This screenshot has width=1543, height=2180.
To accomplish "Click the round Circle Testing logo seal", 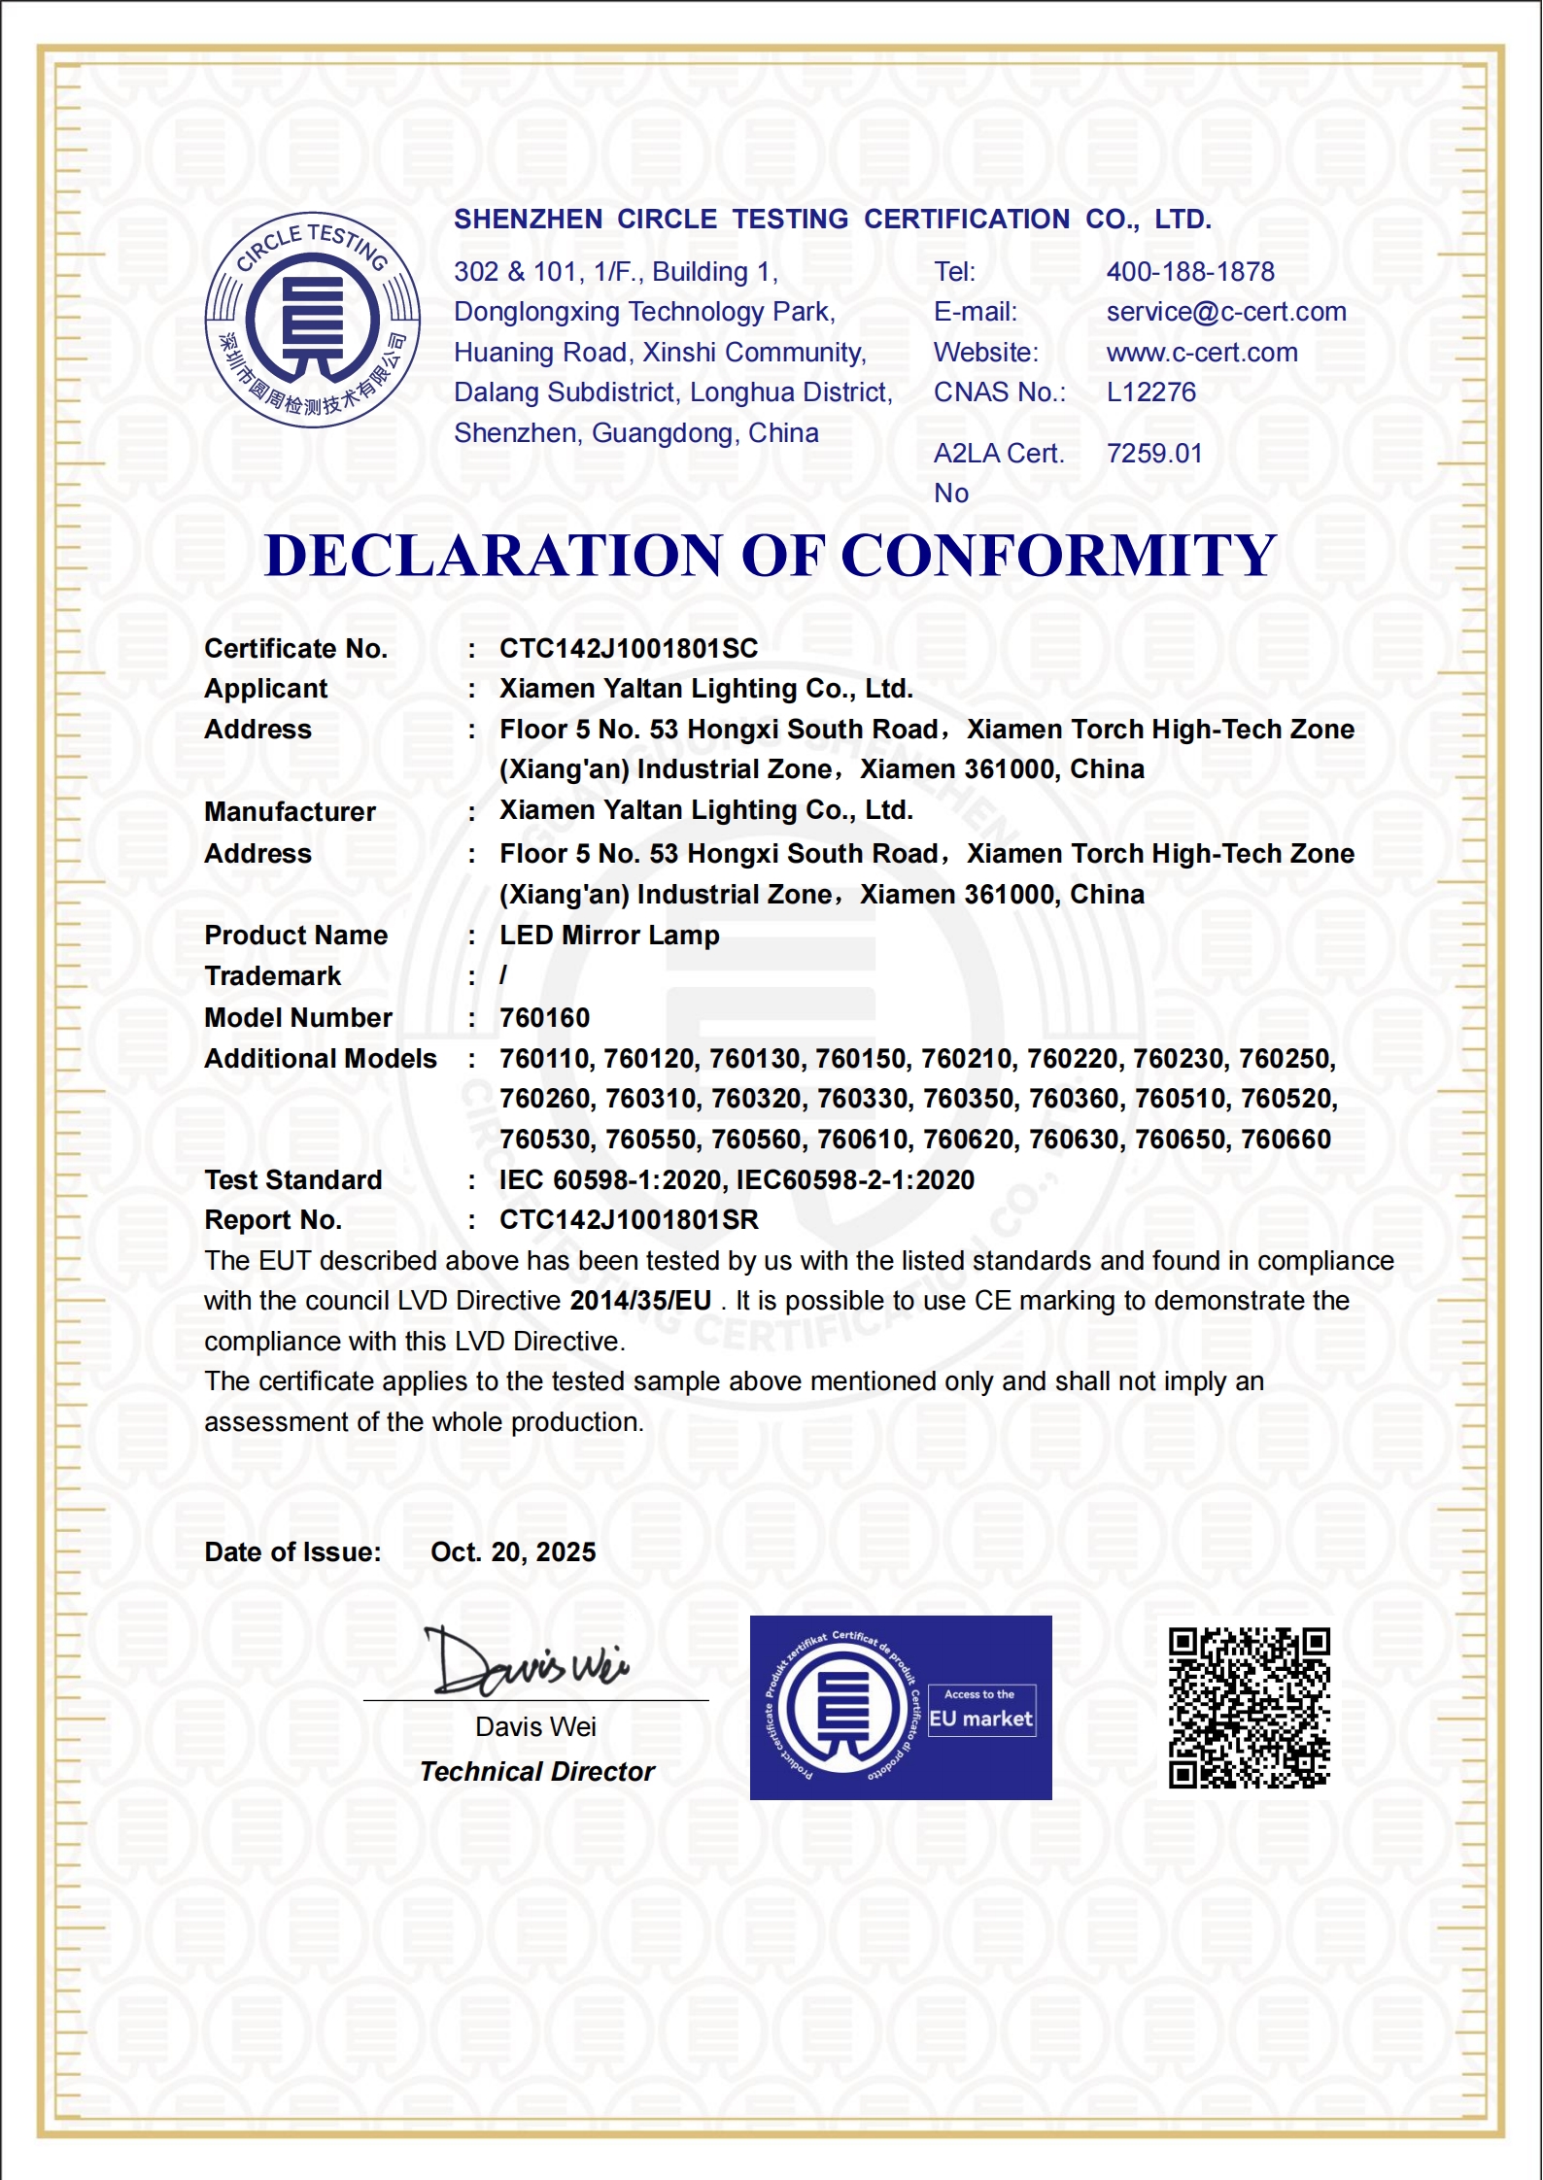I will point(312,320).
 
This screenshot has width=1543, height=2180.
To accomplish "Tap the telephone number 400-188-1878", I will point(1189,272).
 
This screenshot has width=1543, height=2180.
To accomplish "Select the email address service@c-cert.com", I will point(1225,312).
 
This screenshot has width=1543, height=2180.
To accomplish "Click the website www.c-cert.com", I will point(1201,353).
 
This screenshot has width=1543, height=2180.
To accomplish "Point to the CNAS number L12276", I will point(1150,392).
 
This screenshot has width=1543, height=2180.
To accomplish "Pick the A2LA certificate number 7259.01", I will point(1153,454).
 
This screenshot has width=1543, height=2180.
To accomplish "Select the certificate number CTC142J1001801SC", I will point(628,649).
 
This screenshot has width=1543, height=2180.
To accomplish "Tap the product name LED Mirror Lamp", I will point(609,936).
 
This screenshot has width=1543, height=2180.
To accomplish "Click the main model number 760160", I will point(544,1018).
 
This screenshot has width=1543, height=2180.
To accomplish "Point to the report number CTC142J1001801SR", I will point(628,1220).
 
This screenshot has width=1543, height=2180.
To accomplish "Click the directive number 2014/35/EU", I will point(640,1301).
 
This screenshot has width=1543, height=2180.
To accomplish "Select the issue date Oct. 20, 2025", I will point(513,1552).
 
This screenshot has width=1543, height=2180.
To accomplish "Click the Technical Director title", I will point(536,1772).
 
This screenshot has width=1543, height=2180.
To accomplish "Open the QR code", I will point(1249,1708).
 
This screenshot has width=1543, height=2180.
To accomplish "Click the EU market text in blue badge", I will point(980,1719).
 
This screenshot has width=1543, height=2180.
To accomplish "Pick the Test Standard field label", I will point(292,1180).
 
